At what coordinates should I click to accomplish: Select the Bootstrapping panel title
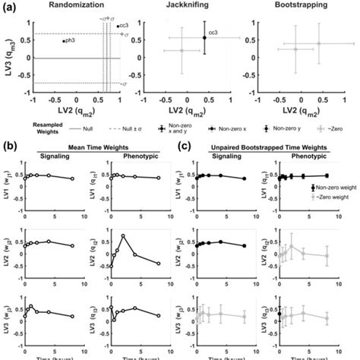click(x=297, y=5)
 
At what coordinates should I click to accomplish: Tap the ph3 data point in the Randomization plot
click(x=63, y=41)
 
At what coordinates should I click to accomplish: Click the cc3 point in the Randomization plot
click(x=118, y=27)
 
